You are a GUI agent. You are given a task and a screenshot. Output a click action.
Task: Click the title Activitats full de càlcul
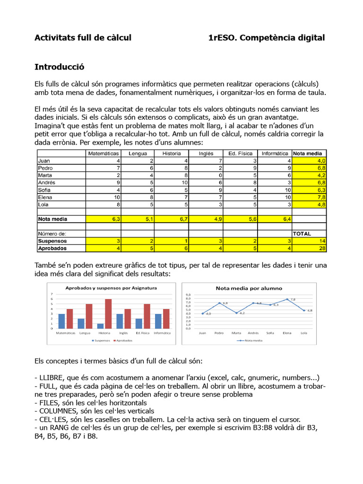83,37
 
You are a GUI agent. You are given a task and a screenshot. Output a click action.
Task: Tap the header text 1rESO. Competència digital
267,37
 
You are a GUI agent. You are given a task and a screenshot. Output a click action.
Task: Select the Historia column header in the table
171,153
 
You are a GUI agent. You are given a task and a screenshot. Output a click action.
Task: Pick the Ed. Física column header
240,153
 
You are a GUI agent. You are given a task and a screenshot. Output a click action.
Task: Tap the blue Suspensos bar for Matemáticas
61,321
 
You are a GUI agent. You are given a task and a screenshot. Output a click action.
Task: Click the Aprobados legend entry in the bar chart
124,340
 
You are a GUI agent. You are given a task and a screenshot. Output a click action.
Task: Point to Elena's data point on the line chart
287,299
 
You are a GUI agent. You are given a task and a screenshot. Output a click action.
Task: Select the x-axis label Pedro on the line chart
219,333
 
